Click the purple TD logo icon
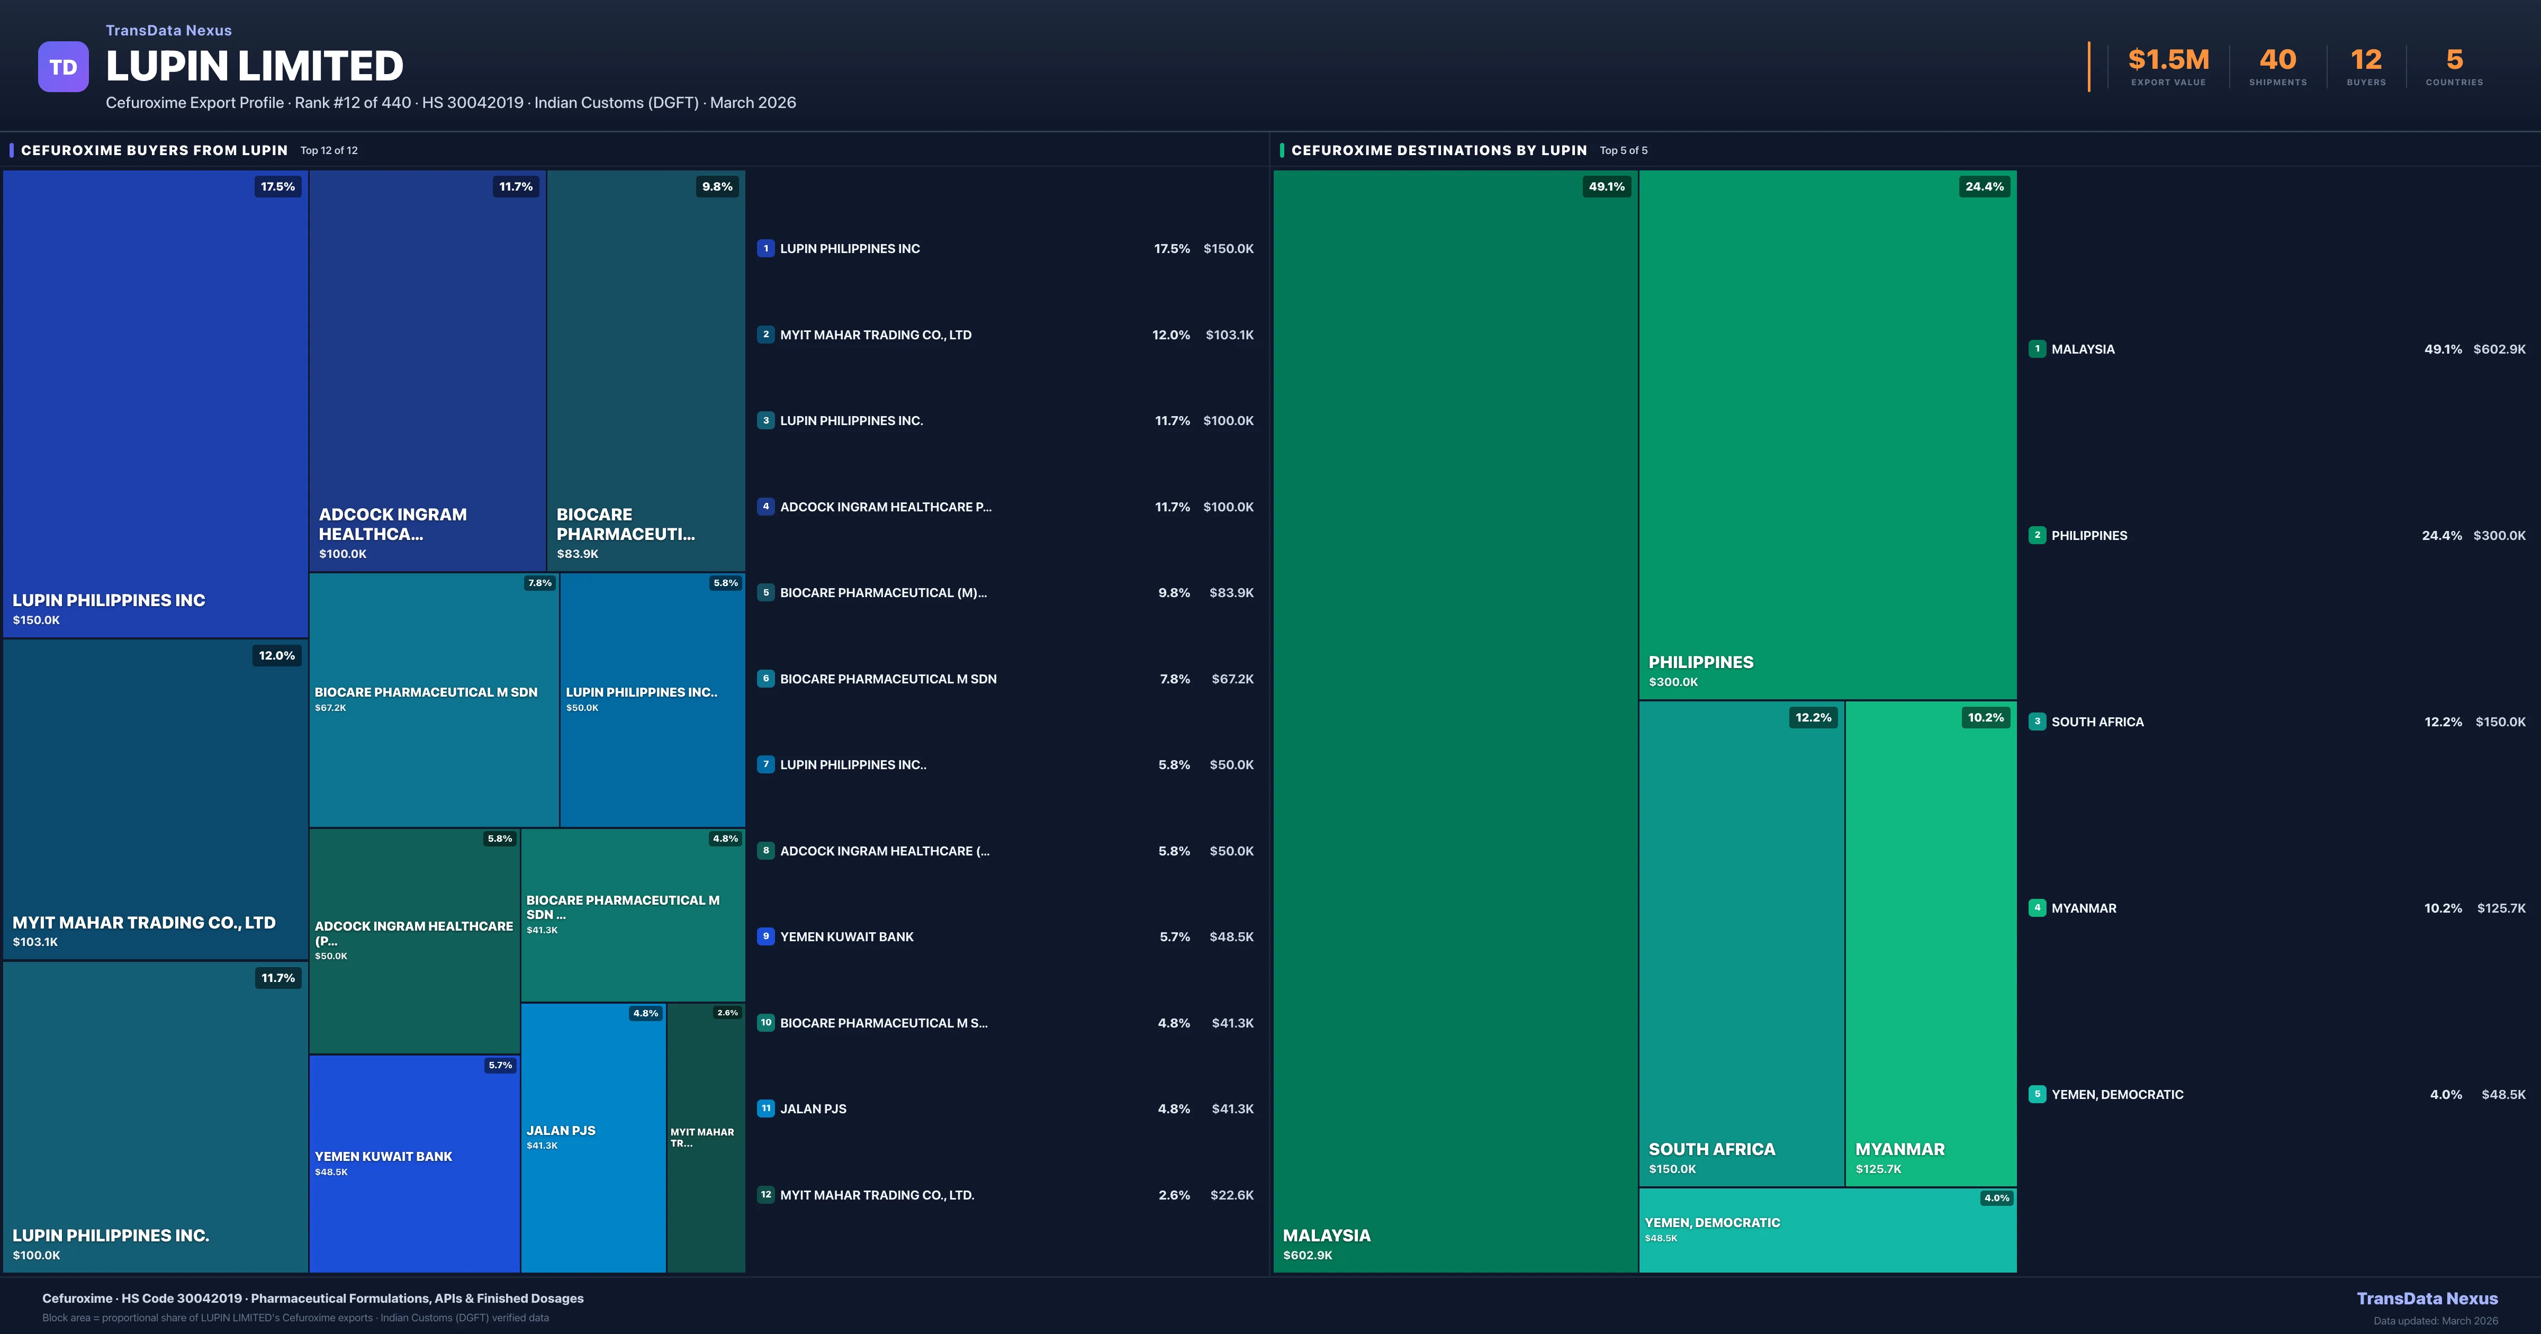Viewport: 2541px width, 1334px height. [x=63, y=67]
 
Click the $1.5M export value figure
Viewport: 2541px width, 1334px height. [x=2168, y=60]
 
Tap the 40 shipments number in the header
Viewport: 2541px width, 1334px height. [x=2277, y=60]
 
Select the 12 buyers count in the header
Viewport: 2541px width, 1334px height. [x=2365, y=60]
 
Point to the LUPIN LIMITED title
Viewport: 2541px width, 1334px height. [x=255, y=66]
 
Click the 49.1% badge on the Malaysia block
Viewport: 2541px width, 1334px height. [x=1606, y=186]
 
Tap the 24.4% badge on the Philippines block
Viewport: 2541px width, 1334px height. [x=1984, y=186]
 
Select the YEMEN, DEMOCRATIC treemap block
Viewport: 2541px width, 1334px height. [x=1827, y=1229]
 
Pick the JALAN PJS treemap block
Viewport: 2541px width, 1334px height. [x=593, y=1137]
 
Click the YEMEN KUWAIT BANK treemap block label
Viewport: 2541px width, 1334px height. [x=384, y=1156]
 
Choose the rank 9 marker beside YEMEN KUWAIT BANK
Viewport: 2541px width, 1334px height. [x=765, y=936]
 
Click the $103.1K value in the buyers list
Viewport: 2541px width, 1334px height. [x=1229, y=335]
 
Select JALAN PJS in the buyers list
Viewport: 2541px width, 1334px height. [x=813, y=1109]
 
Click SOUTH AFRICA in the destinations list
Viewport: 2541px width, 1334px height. [x=2097, y=722]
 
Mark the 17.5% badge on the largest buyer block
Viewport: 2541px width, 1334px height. [x=277, y=186]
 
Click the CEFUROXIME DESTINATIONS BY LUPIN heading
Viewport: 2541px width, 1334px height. [x=1438, y=150]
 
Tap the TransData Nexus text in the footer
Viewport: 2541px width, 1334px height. [x=2427, y=1299]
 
